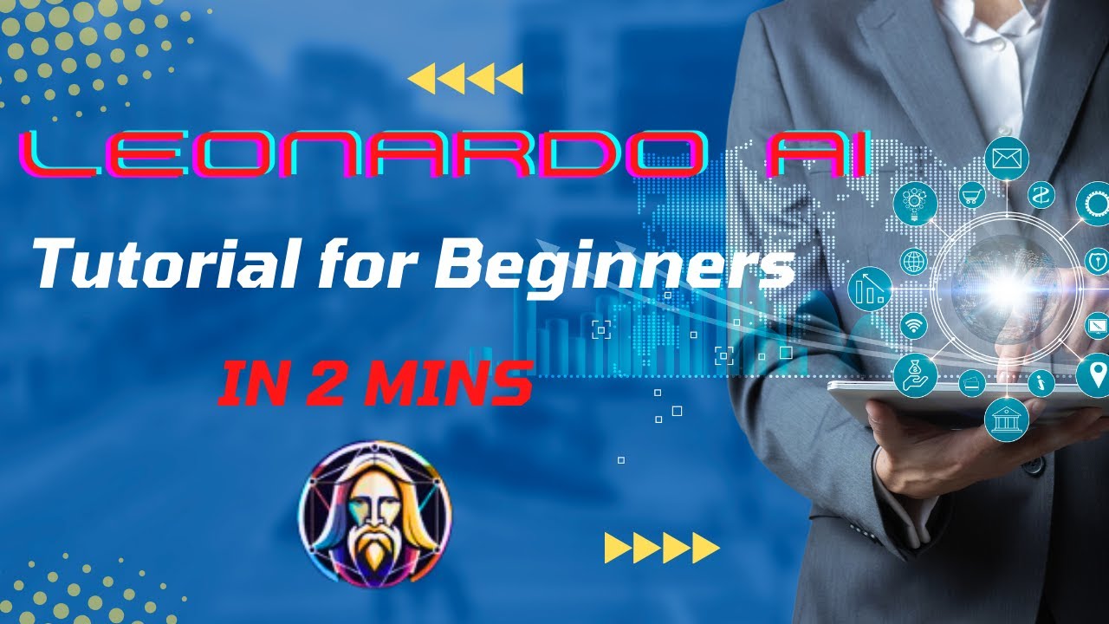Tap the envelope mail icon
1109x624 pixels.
tap(1005, 159)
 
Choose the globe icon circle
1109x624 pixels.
tap(913, 260)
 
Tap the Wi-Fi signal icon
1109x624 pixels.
tap(913, 326)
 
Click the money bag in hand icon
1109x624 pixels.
tap(916, 375)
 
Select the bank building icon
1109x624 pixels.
tap(1006, 420)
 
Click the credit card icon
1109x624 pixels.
tap(972, 382)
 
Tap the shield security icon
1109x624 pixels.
tap(1096, 260)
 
